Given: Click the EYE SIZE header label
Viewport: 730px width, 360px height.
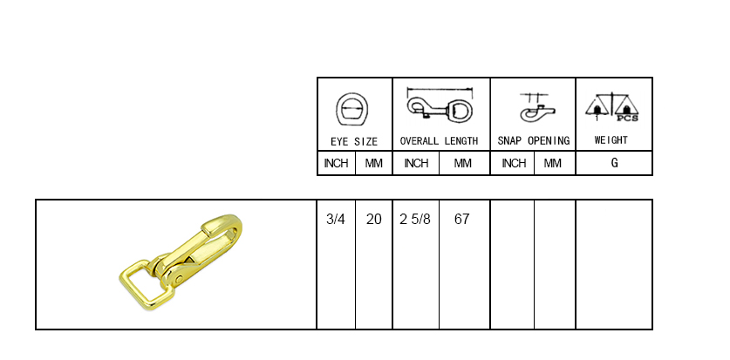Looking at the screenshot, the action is click(354, 141).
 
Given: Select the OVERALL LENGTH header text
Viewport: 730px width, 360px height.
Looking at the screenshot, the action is click(439, 141).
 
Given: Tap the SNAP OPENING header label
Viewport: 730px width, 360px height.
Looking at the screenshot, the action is click(534, 141).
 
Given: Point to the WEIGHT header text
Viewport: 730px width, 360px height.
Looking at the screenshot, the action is click(611, 140).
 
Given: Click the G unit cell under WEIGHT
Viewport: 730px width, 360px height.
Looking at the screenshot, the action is click(615, 163).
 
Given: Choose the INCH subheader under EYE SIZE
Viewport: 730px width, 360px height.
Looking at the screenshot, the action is click(336, 163).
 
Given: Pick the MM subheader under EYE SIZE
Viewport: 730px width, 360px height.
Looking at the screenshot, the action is click(374, 163).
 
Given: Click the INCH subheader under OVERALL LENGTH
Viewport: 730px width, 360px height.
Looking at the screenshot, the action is click(416, 163).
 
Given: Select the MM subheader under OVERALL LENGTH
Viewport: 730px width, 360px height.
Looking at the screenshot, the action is click(463, 163).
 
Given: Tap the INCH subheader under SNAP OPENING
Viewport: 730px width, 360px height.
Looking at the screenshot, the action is click(514, 163).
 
